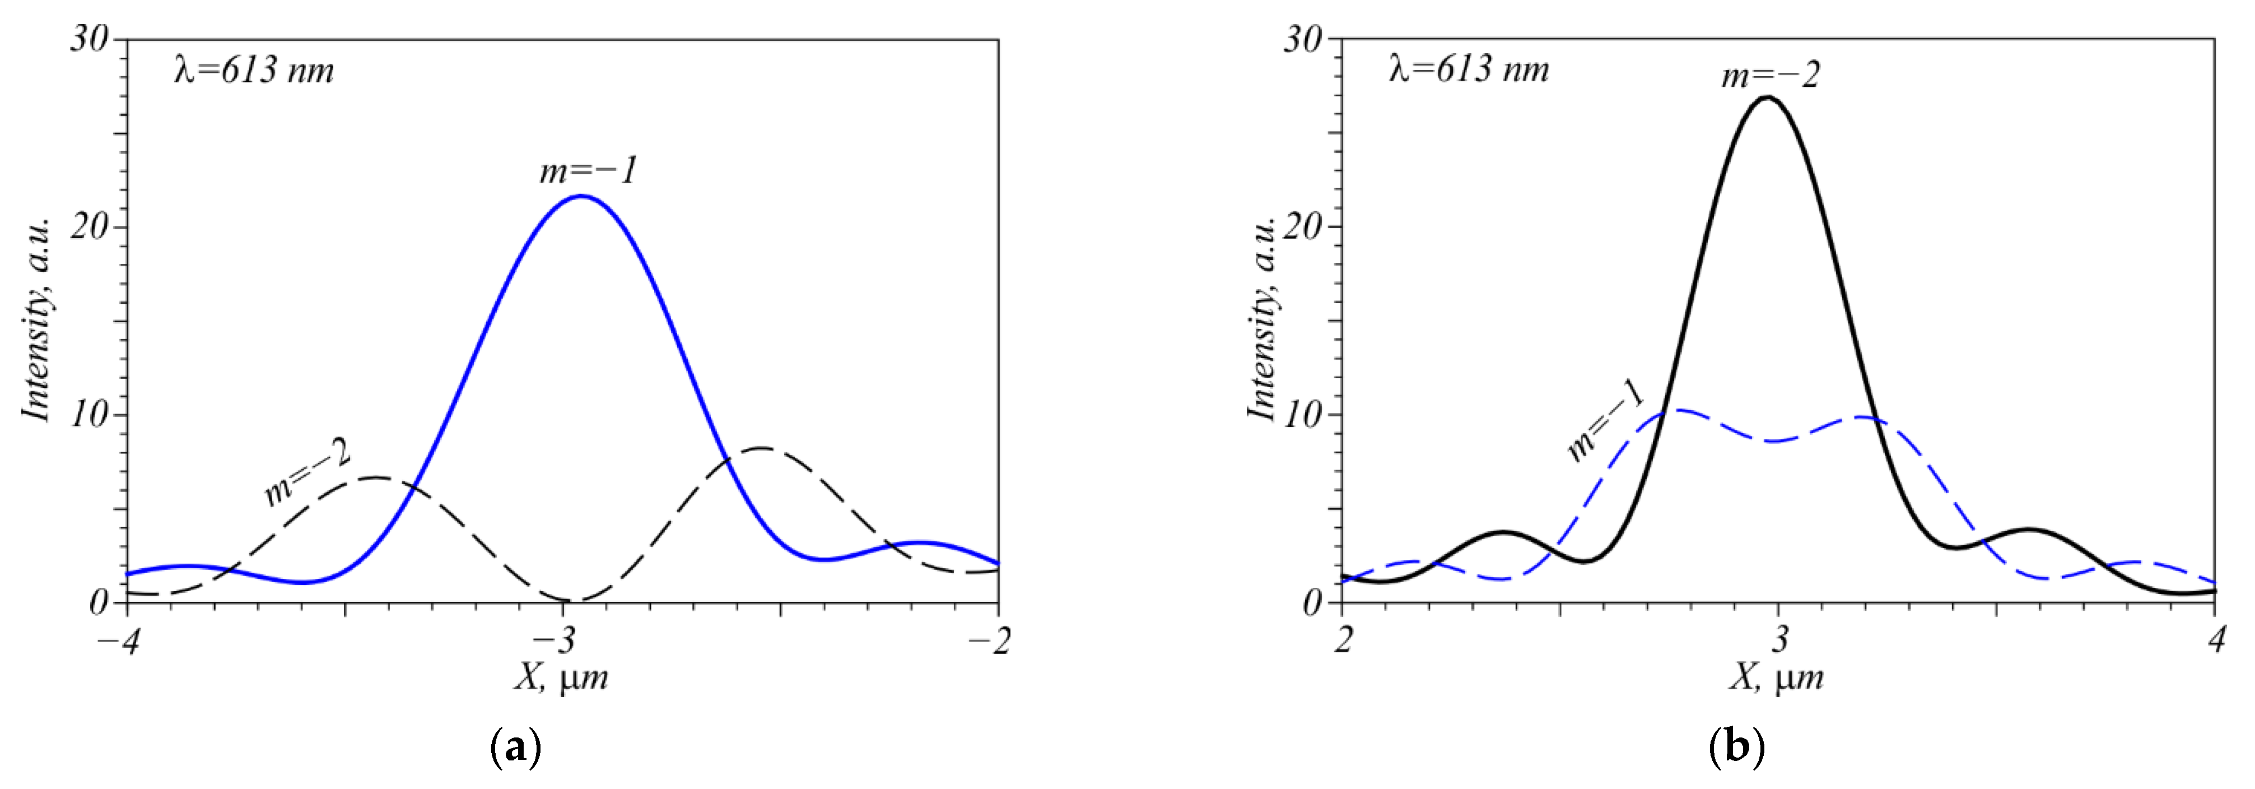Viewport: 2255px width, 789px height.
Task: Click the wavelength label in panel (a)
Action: pos(254,70)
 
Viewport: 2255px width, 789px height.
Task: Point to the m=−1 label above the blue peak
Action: pos(588,170)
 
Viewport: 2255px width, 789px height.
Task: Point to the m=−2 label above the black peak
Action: pos(1770,75)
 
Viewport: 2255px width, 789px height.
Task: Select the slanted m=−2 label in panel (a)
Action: pos(307,473)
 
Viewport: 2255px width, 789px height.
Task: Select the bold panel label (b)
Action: pos(1736,749)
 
